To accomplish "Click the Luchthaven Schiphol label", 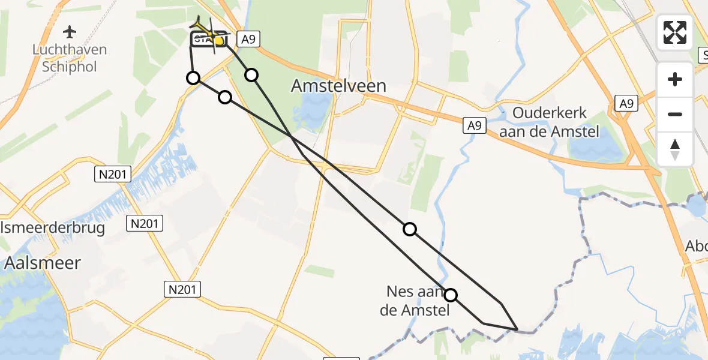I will (x=70, y=58).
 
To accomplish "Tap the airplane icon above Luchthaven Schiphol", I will (x=70, y=31).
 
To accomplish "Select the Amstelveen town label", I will (x=338, y=86).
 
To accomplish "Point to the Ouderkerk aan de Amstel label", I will (x=550, y=122).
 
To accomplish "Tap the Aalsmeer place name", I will (x=43, y=262).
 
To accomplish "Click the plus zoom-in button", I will (x=675, y=79).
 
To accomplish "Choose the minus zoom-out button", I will (x=675, y=114).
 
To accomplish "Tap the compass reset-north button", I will (x=675, y=149).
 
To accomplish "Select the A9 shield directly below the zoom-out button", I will (x=626, y=104).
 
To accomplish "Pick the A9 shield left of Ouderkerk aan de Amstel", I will (x=474, y=125).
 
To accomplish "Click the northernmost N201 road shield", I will (x=113, y=175).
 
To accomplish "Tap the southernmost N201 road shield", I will (x=182, y=290).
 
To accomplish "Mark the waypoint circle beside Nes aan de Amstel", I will (x=450, y=295).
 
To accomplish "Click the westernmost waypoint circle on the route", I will (x=193, y=78).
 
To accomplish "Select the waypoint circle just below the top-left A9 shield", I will (x=251, y=74).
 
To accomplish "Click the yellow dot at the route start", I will (x=219, y=41).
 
